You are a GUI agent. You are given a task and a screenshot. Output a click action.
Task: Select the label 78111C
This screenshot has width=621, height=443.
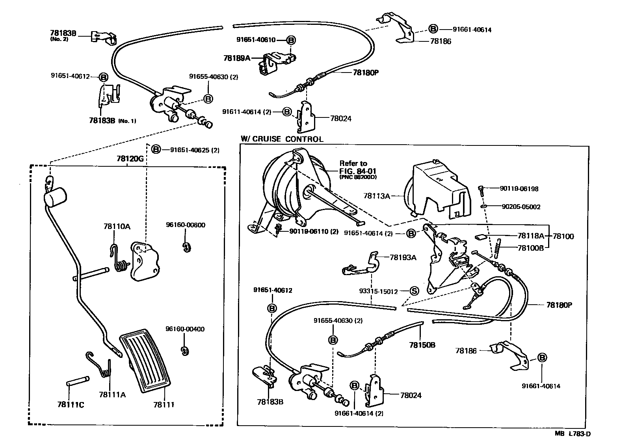pos(71,404)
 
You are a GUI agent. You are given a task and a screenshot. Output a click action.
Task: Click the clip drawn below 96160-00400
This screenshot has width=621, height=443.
pos(183,350)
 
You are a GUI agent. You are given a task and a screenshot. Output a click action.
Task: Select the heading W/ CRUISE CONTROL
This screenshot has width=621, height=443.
pos(282,139)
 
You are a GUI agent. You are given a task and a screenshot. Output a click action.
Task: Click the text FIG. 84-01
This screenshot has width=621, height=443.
pos(353,171)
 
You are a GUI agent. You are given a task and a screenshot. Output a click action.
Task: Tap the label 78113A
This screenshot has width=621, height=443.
pos(376,195)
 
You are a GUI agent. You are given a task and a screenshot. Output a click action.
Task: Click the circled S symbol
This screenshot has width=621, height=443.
pos(414,291)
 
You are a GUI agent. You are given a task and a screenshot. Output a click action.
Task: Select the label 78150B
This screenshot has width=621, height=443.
pos(422,344)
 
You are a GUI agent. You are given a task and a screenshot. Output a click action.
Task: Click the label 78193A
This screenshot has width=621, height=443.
pos(403,257)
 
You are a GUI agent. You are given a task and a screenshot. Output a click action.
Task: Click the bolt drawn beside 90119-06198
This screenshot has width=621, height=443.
pos(481,190)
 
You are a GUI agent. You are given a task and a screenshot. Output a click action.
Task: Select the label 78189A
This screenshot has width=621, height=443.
pos(236,58)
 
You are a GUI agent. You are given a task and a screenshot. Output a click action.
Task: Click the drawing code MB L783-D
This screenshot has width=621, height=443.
pos(573,434)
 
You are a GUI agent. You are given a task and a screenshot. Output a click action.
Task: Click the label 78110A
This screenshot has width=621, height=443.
pos(117,227)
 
